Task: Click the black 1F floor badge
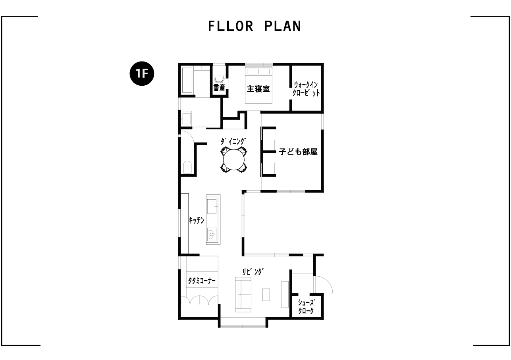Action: [142, 74]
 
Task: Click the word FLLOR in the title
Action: [231, 26]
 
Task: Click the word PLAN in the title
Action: [283, 26]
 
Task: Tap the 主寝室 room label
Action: [258, 89]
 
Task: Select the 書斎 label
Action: [219, 88]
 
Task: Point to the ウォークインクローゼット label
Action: [306, 89]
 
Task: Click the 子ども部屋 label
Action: [298, 152]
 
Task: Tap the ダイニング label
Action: [233, 141]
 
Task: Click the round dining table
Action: [234, 160]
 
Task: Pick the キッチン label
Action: [197, 220]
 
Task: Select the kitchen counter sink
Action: [212, 206]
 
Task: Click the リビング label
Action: [253, 271]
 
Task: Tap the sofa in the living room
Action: [243, 295]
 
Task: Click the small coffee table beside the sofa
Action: [266, 295]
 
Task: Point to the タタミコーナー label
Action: [202, 281]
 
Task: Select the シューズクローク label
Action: [306, 307]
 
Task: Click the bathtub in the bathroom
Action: [187, 80]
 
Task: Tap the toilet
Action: [187, 167]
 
